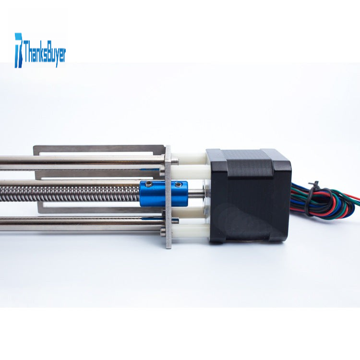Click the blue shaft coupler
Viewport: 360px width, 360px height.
(x=163, y=193)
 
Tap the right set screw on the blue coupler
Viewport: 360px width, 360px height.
(x=178, y=184)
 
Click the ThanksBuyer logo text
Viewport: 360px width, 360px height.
(x=45, y=53)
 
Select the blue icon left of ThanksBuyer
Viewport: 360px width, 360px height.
(x=19, y=50)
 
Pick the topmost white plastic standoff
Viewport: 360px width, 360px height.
(x=190, y=156)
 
